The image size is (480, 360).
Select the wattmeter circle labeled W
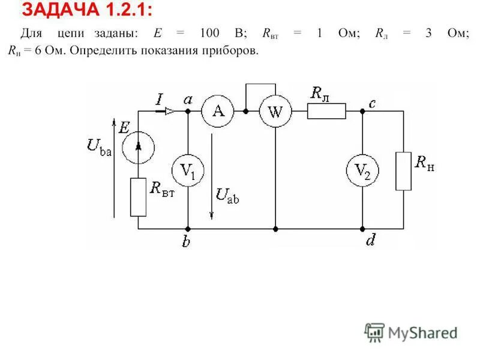(275, 112)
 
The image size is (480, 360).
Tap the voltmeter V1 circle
(188, 172)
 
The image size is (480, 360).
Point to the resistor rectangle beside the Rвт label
(139, 197)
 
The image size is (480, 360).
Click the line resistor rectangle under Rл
(326, 112)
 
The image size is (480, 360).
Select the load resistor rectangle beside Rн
(404, 171)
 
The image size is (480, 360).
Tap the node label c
(372, 103)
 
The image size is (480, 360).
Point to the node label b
(187, 242)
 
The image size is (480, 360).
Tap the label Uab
(227, 196)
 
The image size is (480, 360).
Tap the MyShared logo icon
(374, 332)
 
